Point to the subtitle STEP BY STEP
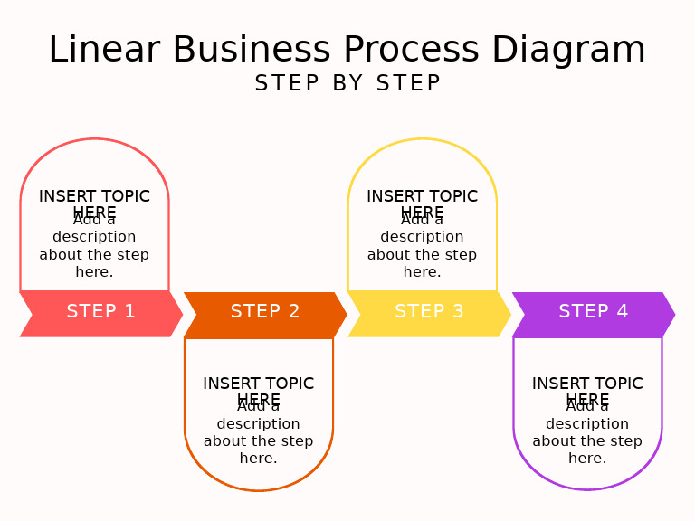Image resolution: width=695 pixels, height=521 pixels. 347,83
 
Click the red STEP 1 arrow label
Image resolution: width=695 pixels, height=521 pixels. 101,312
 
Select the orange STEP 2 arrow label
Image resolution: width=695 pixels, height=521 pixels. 265,312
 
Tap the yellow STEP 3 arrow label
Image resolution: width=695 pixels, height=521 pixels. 429,312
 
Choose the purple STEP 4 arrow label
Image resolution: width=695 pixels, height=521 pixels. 594,312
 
